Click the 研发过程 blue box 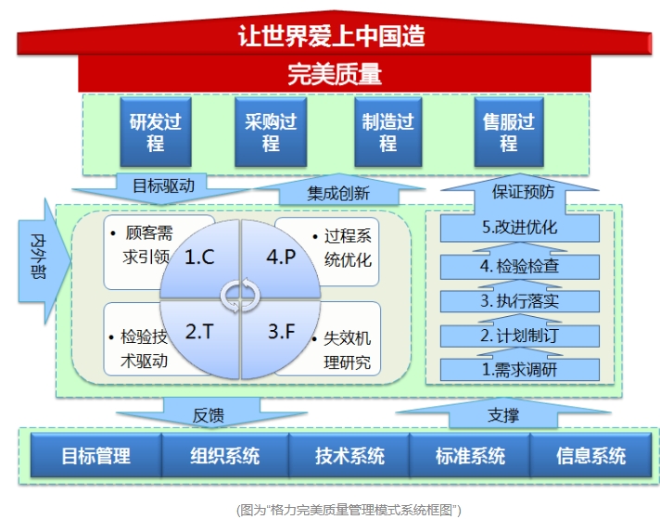[x=156, y=132]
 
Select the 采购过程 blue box [x=271, y=132]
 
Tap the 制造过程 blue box [x=388, y=132]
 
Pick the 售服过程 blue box [x=509, y=132]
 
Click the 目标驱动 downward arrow [x=162, y=188]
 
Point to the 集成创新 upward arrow [x=339, y=190]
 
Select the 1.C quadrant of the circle [x=199, y=259]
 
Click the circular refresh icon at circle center [x=240, y=295]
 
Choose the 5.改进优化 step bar [x=520, y=227]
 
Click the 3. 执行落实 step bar [x=520, y=300]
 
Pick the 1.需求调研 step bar [x=520, y=370]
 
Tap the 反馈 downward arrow [x=210, y=412]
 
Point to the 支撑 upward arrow [x=503, y=412]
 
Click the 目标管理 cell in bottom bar [x=96, y=455]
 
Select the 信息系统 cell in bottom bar [x=591, y=455]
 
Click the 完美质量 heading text [x=335, y=74]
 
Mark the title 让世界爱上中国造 [x=332, y=36]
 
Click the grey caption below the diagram [x=349, y=510]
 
